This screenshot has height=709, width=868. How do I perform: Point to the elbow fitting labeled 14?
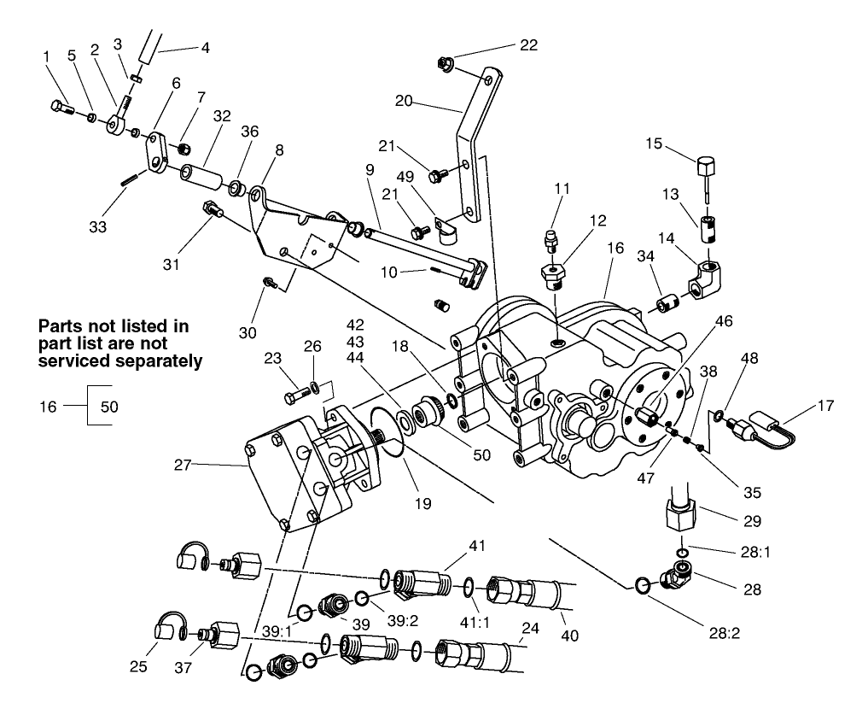tap(704, 279)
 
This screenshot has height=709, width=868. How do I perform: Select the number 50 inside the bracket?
tap(110, 407)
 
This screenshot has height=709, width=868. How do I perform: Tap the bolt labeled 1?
tap(61, 107)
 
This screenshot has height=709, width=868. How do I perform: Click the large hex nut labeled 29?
tap(680, 515)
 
